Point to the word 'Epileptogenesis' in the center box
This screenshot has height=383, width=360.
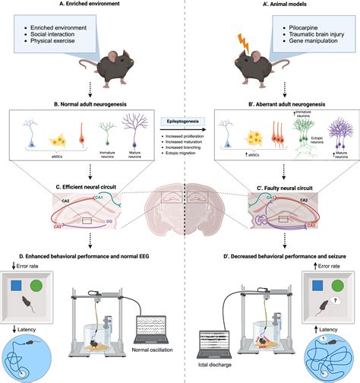pos(180,120)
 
